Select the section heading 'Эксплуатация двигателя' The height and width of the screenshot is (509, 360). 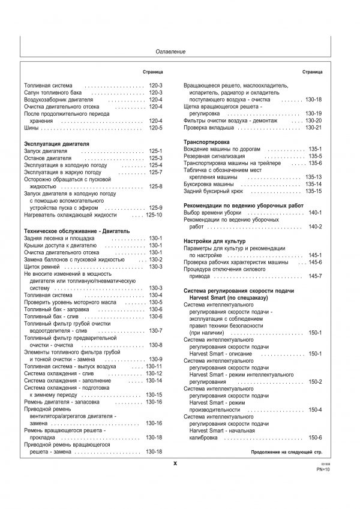point(56,144)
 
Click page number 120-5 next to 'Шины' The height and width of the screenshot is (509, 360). point(155,128)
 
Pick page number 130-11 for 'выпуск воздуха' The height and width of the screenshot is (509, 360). point(154,366)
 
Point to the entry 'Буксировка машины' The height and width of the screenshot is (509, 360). point(210,184)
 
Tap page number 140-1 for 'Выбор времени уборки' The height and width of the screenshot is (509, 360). point(315,213)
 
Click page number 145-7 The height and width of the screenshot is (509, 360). point(315,276)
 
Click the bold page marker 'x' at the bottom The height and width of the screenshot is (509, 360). point(175,463)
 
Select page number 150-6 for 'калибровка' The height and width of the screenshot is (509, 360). point(315,438)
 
